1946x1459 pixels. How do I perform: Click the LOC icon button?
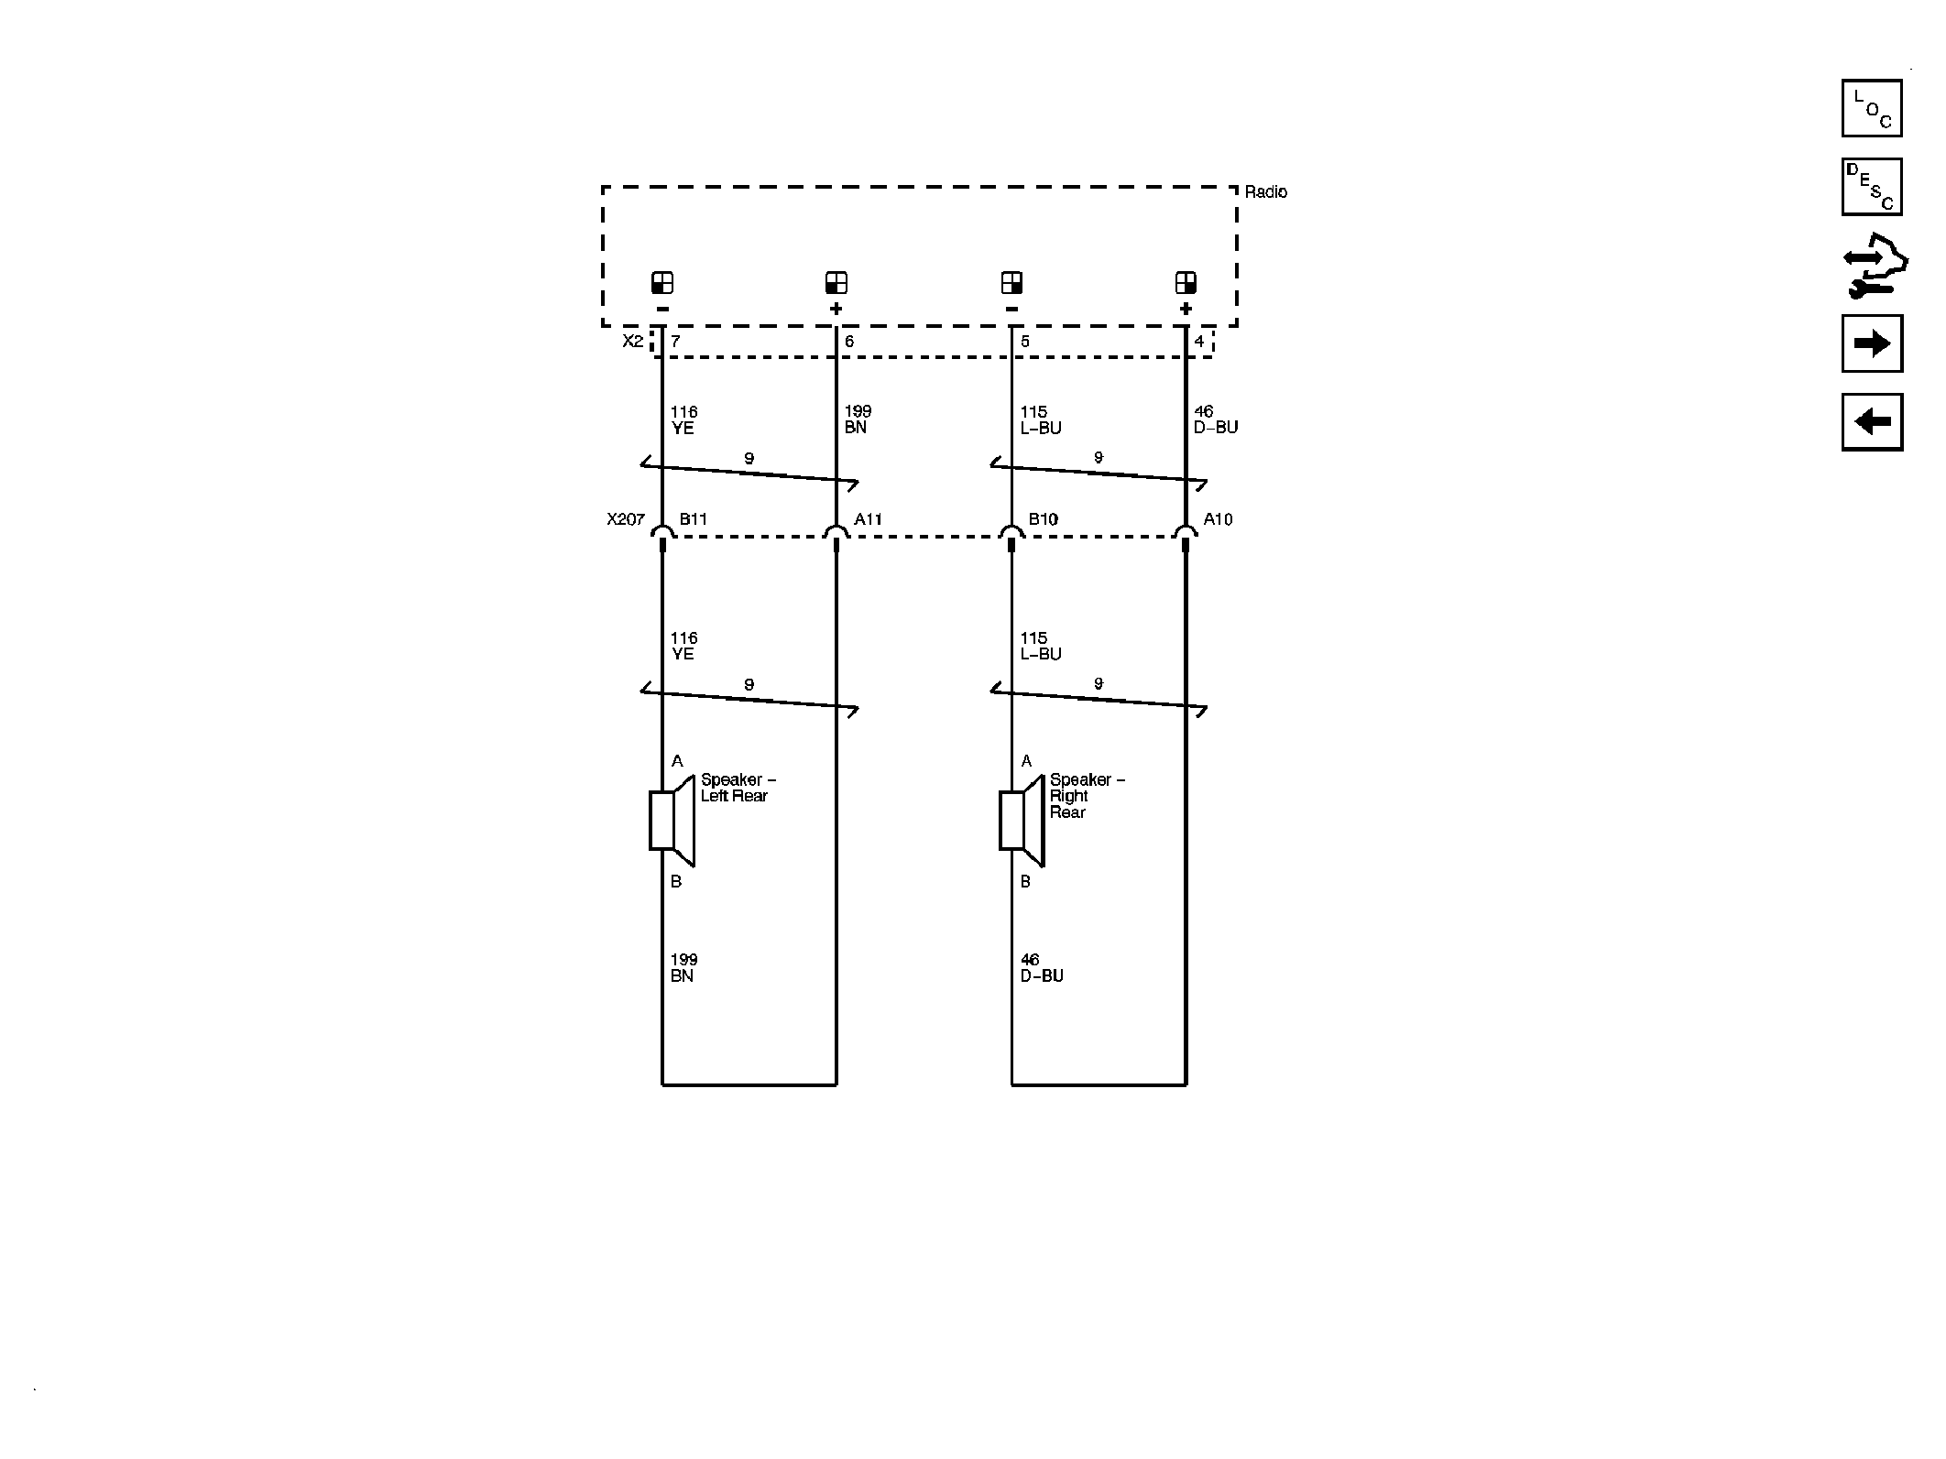tap(1872, 108)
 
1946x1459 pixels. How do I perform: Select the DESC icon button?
tap(1872, 187)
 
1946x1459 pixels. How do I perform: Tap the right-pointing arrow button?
tap(1872, 343)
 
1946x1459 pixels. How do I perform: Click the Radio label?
tap(1265, 191)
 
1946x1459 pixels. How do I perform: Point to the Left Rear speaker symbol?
tap(672, 821)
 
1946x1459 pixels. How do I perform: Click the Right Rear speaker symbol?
tap(1022, 821)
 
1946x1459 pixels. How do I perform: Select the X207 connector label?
tap(626, 519)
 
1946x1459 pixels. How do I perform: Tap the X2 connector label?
tap(633, 341)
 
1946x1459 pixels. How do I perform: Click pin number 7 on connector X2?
tap(675, 342)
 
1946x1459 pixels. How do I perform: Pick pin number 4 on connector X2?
tap(1199, 342)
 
